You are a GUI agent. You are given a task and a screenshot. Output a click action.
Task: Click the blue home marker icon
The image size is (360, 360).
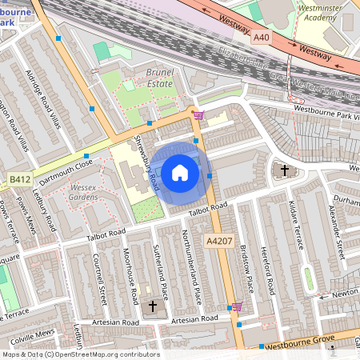tap(180, 173)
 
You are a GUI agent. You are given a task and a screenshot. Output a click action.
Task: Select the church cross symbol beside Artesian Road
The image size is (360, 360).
tap(153, 306)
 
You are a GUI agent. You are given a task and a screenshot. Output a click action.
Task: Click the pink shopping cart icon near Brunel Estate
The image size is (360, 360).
tap(198, 115)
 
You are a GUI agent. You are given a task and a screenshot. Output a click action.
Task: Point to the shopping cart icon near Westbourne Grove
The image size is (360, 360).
tap(236, 306)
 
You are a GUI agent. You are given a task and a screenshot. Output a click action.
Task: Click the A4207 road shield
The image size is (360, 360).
tap(220, 241)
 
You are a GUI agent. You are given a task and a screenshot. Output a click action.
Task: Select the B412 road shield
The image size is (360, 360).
tap(21, 182)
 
